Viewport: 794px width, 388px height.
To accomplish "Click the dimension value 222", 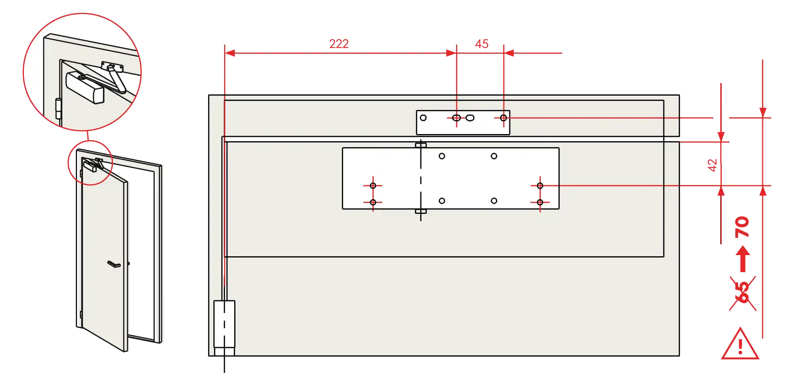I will pos(339,44).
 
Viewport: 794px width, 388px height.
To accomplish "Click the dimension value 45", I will pos(482,44).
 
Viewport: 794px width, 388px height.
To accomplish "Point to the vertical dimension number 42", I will pos(713,165).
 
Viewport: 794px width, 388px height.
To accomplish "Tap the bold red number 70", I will pos(742,227).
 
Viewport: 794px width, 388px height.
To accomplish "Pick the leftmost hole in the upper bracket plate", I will pos(423,118).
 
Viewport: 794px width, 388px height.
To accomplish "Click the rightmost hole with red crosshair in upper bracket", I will pos(503,118).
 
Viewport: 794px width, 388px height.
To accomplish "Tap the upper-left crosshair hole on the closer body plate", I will pos(373,186).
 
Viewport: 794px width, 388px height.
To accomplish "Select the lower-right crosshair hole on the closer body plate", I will pos(540,202).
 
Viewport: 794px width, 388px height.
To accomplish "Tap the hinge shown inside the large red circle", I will pos(58,109).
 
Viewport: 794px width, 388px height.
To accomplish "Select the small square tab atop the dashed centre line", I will pos(421,145).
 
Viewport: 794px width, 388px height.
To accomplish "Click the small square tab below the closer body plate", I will pos(421,211).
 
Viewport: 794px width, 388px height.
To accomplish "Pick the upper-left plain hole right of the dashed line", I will pos(442,156).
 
